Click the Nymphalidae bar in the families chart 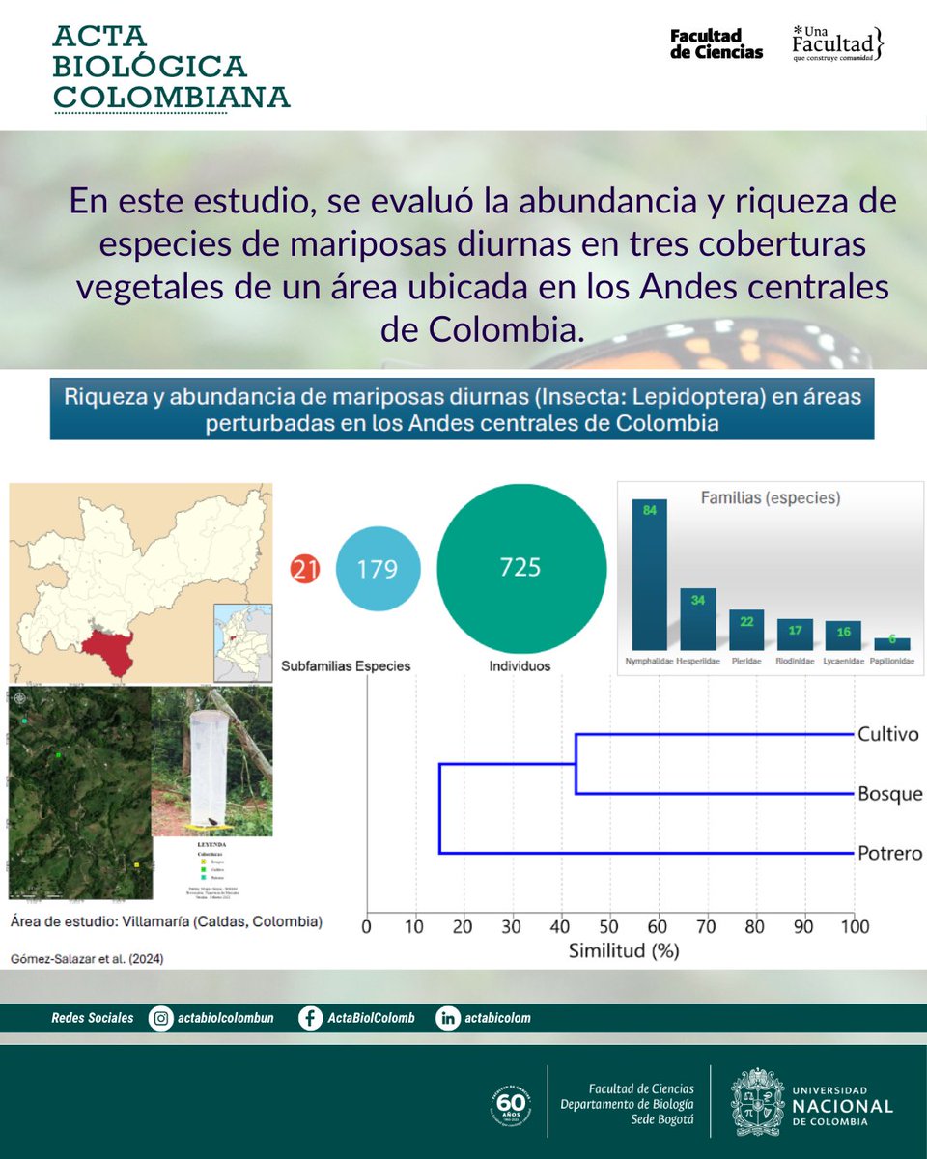[649, 575]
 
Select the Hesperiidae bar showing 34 [697, 618]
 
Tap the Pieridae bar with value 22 [745, 629]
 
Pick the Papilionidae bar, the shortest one [891, 643]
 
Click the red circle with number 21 [305, 570]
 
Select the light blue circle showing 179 [377, 569]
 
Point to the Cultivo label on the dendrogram [887, 735]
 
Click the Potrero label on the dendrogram [889, 854]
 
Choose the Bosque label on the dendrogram [889, 795]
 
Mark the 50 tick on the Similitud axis [609, 927]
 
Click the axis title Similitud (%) [623, 951]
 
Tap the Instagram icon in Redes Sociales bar [161, 1018]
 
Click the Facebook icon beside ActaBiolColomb [310, 1018]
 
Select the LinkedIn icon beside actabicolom [448, 1018]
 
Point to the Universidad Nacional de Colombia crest [757, 1102]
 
